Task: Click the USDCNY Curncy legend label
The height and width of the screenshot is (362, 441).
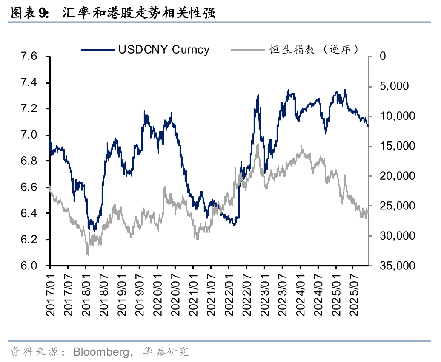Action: (164, 50)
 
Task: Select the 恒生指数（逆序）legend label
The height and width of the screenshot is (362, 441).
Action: (314, 50)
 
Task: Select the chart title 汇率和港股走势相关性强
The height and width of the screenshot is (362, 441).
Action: (138, 14)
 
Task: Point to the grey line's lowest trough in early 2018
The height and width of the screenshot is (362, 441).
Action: (88, 255)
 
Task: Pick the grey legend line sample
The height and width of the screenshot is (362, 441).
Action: (247, 50)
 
